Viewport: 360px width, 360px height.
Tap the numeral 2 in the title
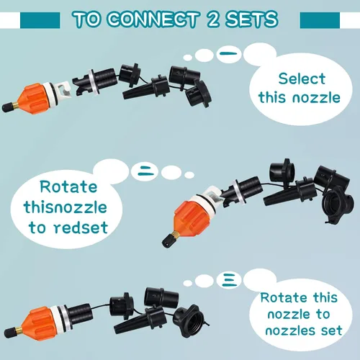(213, 19)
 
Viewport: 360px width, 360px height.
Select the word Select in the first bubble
(302, 78)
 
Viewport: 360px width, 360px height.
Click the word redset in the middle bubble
(81, 228)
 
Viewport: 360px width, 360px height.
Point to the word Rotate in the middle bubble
(68, 186)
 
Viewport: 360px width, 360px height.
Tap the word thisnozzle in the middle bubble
(66, 207)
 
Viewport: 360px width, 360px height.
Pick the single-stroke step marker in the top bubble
(228, 54)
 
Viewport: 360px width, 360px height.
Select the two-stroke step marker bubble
(145, 171)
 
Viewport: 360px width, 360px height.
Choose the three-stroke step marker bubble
(228, 280)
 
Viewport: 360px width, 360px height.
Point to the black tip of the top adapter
(7, 107)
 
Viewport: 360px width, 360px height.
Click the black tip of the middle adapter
(167, 240)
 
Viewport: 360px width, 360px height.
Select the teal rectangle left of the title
(40, 20)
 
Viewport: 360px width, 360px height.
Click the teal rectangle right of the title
(320, 20)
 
